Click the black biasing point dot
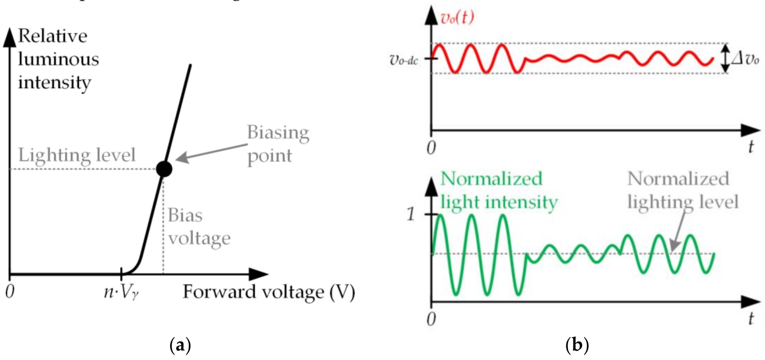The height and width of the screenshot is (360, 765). click(164, 169)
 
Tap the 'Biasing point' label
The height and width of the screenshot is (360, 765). click(278, 144)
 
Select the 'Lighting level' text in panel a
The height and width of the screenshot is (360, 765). click(77, 155)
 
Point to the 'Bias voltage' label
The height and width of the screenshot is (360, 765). click(199, 227)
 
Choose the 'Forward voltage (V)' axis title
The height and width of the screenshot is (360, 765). click(268, 292)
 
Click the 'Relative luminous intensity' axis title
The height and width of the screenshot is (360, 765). click(58, 59)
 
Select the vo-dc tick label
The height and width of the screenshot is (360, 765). click(404, 60)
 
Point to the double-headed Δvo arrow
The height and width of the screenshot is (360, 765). click(726, 58)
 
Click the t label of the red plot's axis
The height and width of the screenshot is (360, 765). click(751, 147)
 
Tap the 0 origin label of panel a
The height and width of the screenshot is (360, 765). click(10, 292)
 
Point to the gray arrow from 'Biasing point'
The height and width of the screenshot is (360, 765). click(211, 152)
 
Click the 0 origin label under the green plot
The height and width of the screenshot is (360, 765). click(431, 320)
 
